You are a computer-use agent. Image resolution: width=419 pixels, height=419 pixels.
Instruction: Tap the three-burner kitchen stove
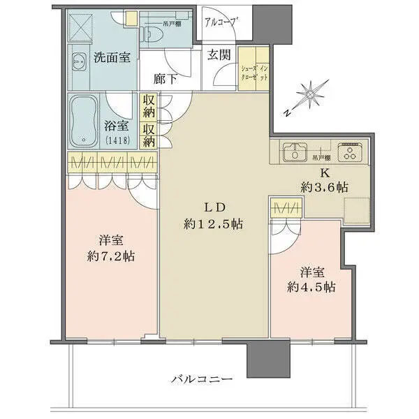pos(348,152)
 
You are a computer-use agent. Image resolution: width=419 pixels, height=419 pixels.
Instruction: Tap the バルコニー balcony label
pos(201,379)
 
